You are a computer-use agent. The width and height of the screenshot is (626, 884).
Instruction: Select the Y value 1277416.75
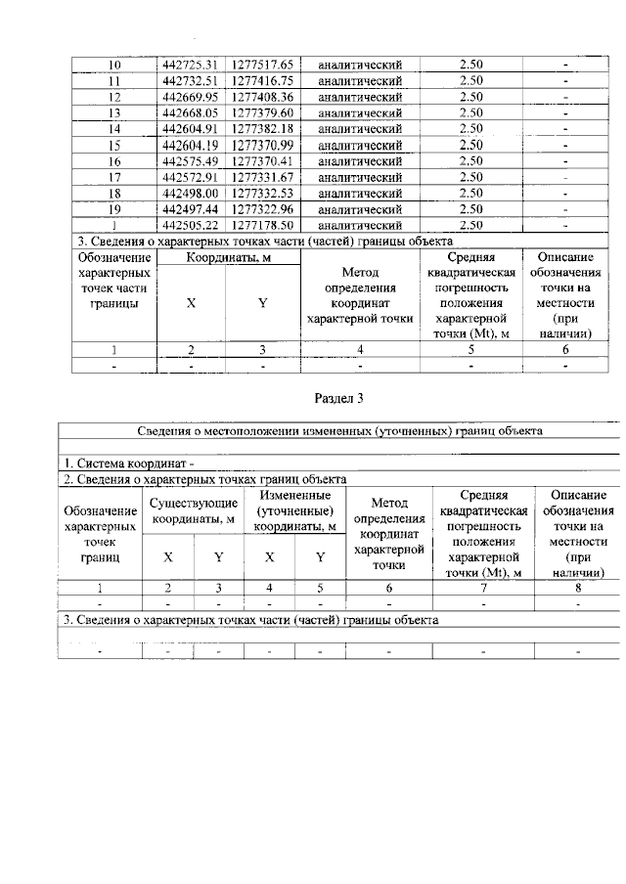click(x=262, y=81)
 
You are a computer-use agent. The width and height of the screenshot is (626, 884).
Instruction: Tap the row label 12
click(x=114, y=98)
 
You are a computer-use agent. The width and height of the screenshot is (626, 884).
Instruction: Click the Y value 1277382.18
click(x=262, y=129)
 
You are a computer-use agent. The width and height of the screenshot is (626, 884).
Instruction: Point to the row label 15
click(x=114, y=145)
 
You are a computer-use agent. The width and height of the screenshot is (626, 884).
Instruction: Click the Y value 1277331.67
click(x=262, y=177)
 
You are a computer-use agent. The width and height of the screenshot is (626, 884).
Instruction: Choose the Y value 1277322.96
click(x=262, y=209)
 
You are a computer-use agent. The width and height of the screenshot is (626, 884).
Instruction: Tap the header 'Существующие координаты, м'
click(x=193, y=510)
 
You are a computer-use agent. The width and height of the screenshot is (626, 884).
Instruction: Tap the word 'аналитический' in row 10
click(x=361, y=65)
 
